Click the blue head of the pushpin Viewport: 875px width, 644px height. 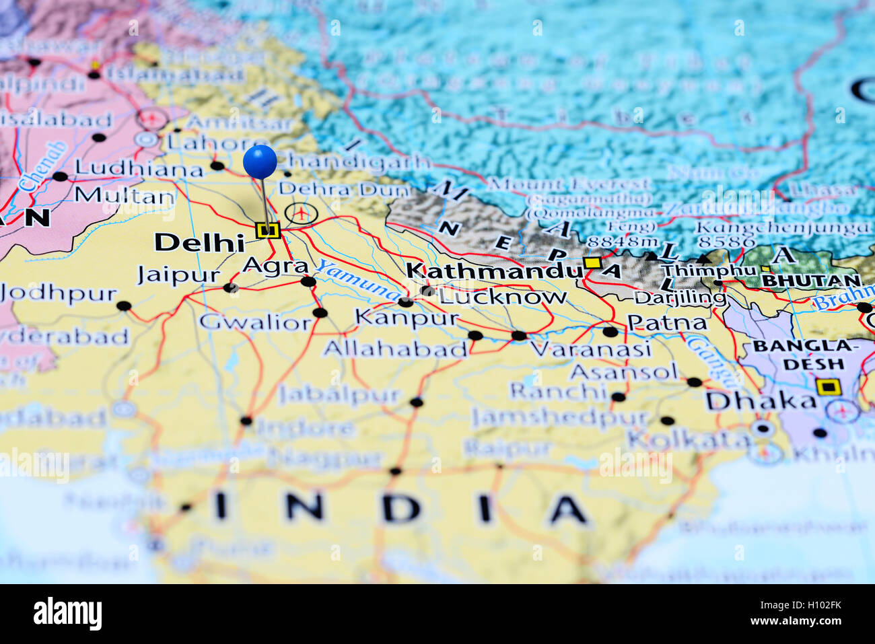[260, 162]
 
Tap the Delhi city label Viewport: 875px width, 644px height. [199, 242]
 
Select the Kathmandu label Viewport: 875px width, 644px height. [493, 271]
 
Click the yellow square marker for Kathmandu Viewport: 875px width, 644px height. [592, 262]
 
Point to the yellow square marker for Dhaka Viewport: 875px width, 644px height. [829, 387]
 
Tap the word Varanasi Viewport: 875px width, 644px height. [590, 349]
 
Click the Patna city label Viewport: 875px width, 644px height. [667, 323]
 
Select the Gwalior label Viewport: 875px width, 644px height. [255, 322]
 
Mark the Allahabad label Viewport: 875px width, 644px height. [394, 349]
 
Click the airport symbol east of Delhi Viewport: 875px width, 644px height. [301, 213]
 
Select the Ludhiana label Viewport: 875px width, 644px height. [139, 169]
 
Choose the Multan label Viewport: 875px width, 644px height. [125, 196]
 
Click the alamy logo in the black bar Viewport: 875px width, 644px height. [67, 614]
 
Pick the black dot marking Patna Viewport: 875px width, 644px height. [610, 332]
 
